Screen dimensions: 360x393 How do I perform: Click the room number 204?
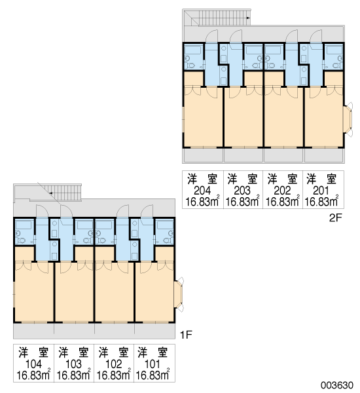pos(202,191)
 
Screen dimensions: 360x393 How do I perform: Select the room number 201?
pos(321,191)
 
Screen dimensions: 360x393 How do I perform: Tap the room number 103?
pos(73,364)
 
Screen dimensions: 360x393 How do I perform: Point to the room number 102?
pos(114,364)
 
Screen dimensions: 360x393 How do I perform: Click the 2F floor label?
pos(335,218)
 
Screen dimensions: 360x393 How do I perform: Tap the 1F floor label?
pos(186,335)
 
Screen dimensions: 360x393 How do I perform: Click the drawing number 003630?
pos(337,385)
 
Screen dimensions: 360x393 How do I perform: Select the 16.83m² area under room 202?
pos(283,201)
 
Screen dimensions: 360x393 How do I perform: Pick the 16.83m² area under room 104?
pos(33,375)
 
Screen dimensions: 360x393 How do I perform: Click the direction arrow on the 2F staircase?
pos(248,18)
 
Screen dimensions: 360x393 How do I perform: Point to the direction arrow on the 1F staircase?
pos(50,193)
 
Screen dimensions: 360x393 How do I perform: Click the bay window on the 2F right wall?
pos(348,119)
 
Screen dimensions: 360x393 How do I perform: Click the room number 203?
pos(242,191)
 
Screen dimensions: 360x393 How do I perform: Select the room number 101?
pos(153,364)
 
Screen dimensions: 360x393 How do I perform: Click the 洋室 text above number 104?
pos(33,352)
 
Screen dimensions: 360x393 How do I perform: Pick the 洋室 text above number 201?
pos(321,179)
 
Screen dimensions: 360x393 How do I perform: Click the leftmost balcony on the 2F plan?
pos(203,156)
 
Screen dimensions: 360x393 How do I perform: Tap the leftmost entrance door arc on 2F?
pos(212,35)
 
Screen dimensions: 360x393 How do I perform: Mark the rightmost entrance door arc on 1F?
pos(147,211)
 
